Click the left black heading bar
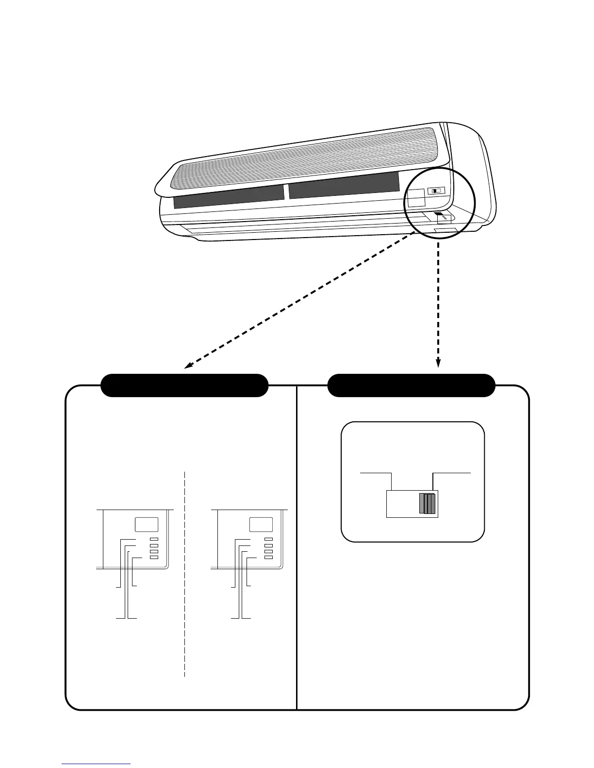(x=184, y=385)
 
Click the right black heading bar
(x=412, y=385)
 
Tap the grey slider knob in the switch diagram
(x=428, y=503)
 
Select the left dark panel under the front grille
(x=228, y=196)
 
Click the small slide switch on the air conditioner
(x=437, y=191)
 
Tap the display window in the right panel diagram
(x=261, y=524)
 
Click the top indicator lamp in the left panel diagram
(x=154, y=540)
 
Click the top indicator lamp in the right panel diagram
(x=269, y=540)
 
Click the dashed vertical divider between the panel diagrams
(x=185, y=572)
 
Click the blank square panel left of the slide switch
(x=415, y=198)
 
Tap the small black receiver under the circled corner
(x=438, y=213)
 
